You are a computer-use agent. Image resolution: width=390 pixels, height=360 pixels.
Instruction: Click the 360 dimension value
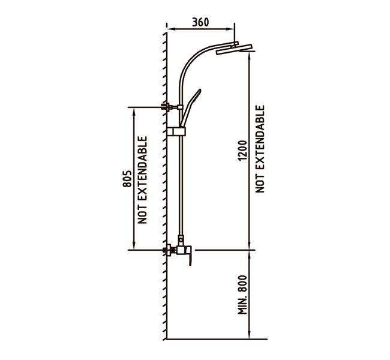tap(200, 22)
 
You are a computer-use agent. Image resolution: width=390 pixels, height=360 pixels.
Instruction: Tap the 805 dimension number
tap(127, 179)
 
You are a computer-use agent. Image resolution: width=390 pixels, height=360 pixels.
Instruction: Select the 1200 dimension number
tap(242, 151)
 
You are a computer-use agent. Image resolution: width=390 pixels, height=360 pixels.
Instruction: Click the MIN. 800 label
tap(242, 295)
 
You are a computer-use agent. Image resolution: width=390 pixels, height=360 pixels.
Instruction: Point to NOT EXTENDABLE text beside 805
tap(143, 180)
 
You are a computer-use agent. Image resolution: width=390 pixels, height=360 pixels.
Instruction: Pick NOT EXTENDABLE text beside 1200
tap(260, 149)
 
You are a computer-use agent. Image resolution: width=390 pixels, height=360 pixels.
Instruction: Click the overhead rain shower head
tap(234, 49)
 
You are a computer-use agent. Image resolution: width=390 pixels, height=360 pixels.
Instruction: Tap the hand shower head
tap(191, 107)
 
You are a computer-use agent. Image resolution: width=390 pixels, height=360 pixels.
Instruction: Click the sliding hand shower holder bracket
tap(176, 131)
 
